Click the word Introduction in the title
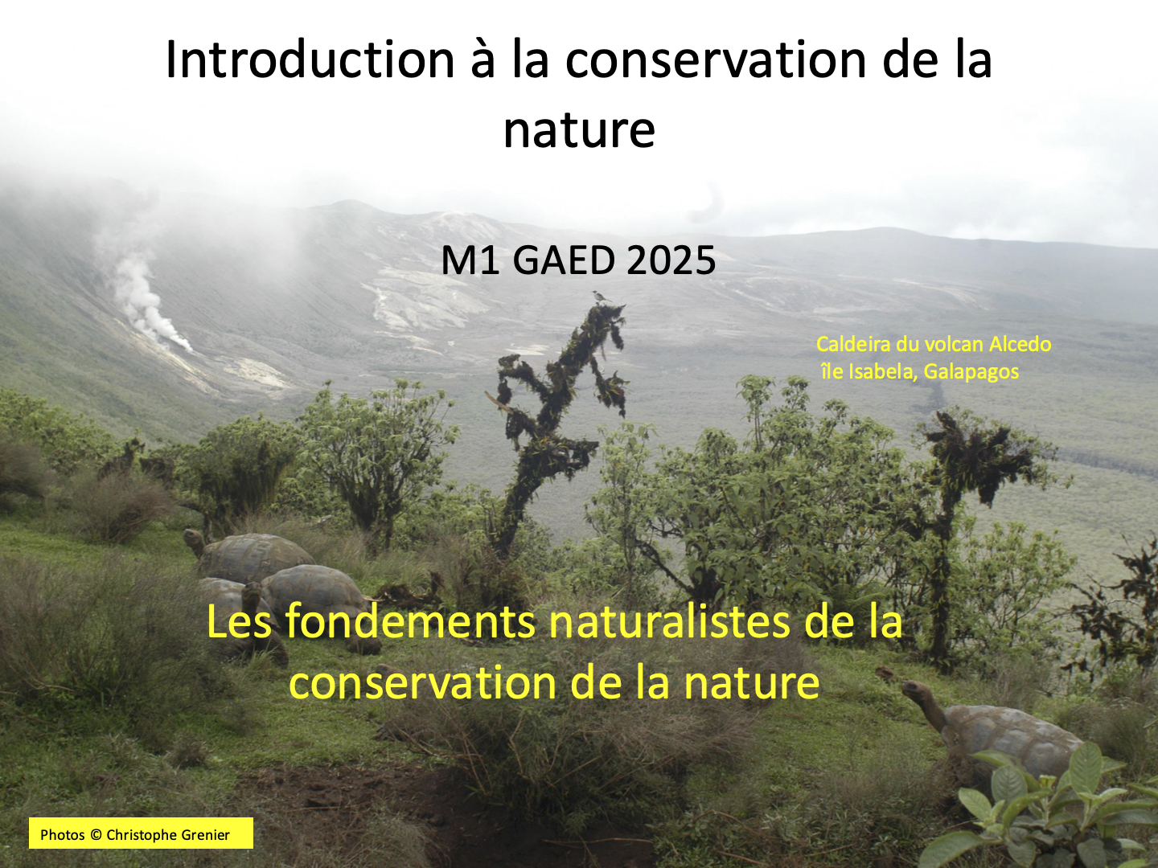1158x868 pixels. tap(310, 59)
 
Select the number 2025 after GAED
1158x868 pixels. tap(671, 260)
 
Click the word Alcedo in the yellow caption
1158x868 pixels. tap(1020, 344)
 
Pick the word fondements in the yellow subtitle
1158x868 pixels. tap(411, 621)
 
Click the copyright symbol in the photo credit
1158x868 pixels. tap(96, 835)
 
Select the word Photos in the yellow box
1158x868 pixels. tap(62, 835)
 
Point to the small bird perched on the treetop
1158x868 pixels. tap(599, 297)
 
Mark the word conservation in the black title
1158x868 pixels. tap(717, 59)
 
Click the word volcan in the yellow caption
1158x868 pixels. tap(955, 344)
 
